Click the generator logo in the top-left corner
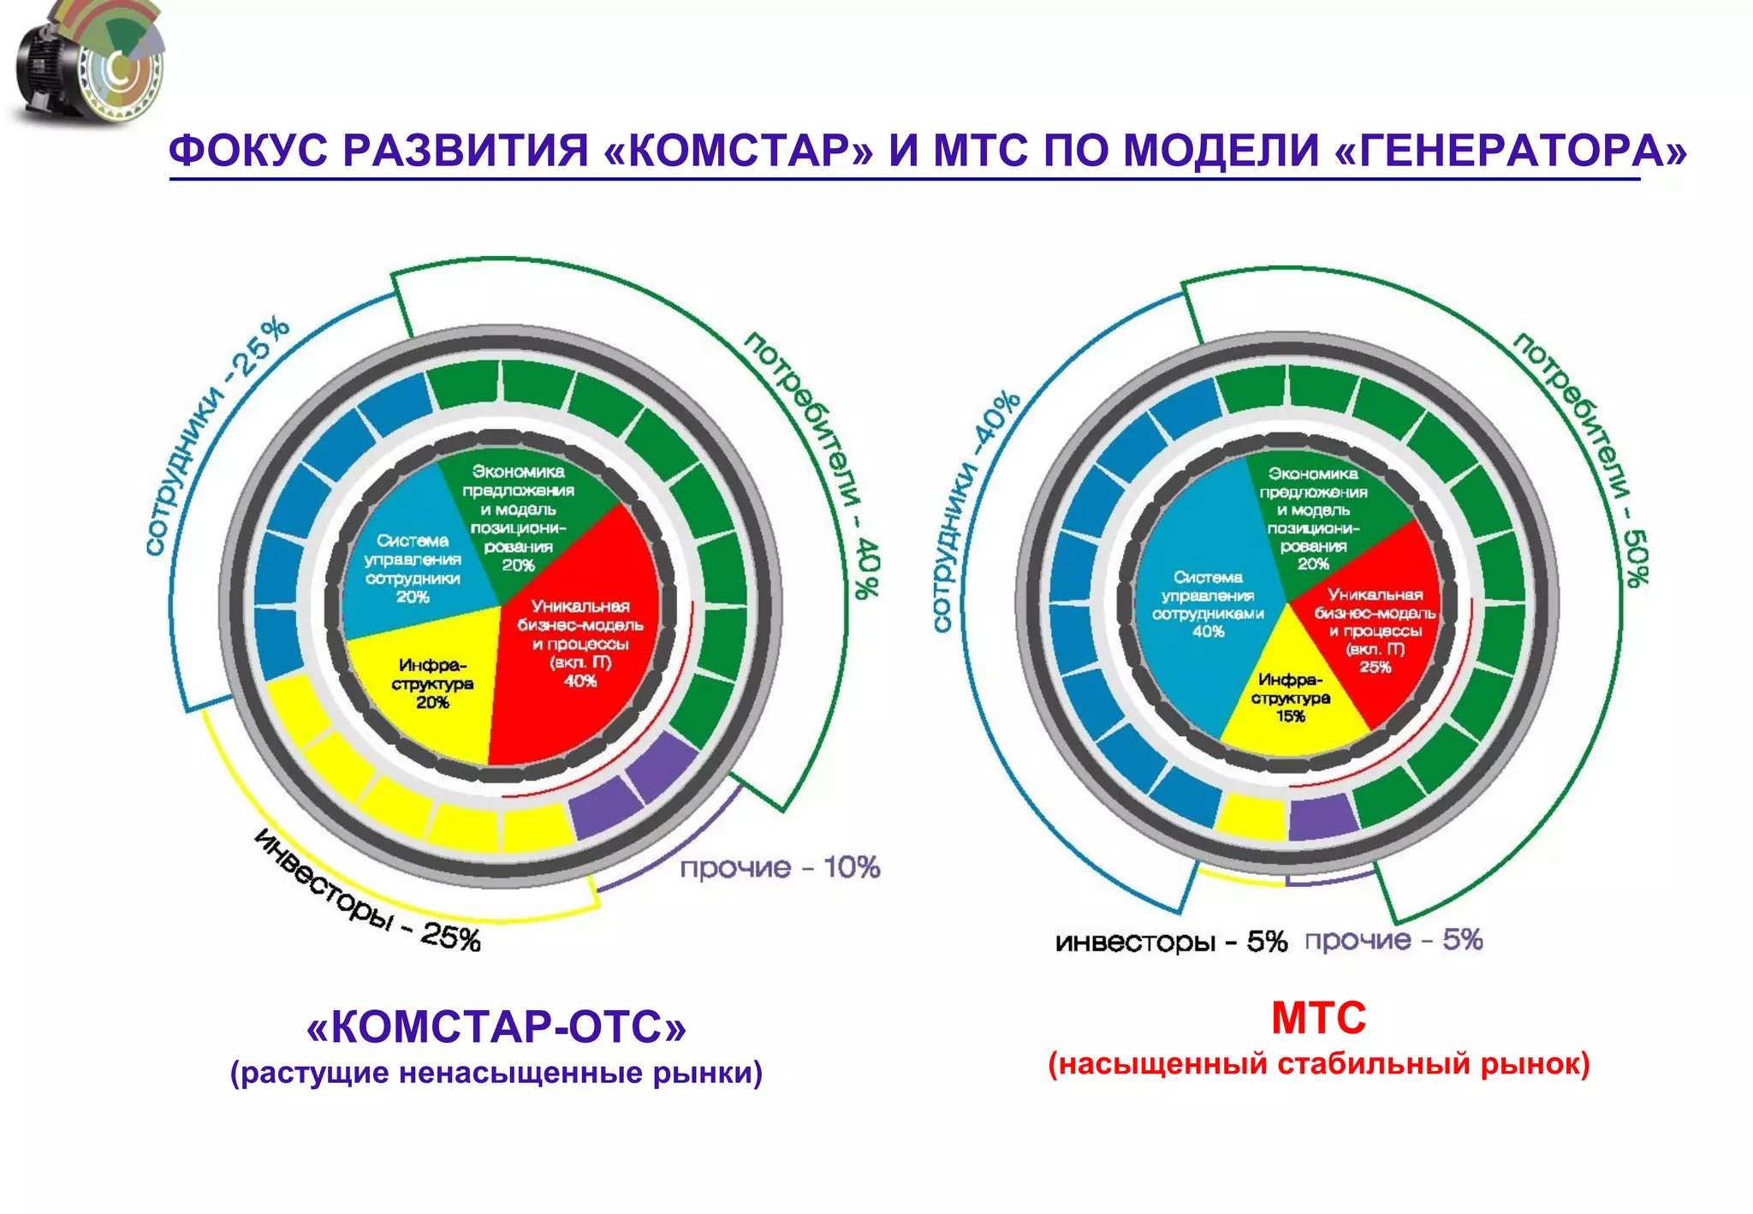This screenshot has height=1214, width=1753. pos(86,64)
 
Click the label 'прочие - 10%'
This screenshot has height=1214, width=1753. pos(780,867)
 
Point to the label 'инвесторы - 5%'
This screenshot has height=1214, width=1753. pos(1171,942)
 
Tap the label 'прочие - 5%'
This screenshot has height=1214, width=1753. pos(1393,940)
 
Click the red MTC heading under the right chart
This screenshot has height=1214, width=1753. pos(1318,1019)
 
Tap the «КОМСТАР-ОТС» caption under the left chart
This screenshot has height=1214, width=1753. pos(496,1027)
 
